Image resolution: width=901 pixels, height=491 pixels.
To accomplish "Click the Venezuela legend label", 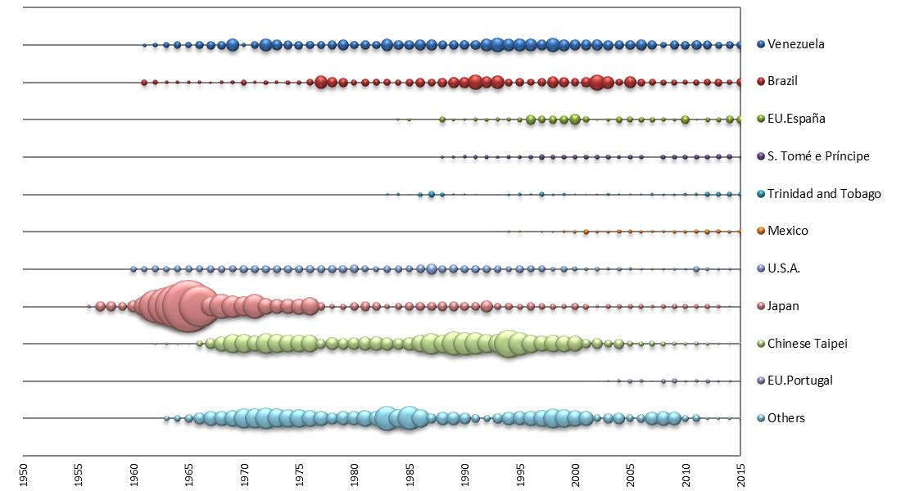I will [795, 44].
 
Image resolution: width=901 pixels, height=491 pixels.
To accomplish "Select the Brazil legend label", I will [782, 81].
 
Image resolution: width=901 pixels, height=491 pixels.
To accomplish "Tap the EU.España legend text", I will [796, 119].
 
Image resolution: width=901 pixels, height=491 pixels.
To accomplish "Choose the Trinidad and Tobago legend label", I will [824, 194].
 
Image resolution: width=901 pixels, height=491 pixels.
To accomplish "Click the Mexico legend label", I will [787, 231].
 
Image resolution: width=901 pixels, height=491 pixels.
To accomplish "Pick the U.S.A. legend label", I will [783, 268].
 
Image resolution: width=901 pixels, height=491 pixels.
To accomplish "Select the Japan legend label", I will [783, 306].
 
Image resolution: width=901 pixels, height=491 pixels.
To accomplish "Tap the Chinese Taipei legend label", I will [807, 343].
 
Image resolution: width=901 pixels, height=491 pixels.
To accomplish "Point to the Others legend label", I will [786, 418].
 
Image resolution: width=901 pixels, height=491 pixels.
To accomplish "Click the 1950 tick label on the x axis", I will [23, 474].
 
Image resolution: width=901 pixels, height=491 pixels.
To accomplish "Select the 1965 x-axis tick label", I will [189, 474].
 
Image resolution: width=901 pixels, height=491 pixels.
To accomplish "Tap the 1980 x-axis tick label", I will [355, 474].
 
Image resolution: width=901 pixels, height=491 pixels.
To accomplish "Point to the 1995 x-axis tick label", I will [520, 474].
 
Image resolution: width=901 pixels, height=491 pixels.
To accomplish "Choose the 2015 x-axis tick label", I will [740, 474].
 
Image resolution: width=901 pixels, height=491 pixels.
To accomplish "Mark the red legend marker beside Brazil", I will [761, 81].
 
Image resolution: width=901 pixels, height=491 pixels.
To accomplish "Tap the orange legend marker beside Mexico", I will [761, 231].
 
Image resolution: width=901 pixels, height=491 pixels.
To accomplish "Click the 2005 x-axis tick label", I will [631, 474].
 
